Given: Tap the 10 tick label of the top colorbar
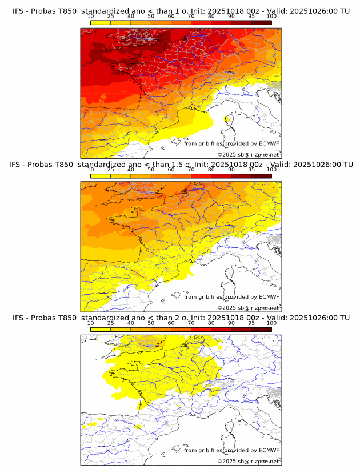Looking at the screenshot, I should point(91,17).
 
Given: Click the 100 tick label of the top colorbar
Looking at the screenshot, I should point(271,17).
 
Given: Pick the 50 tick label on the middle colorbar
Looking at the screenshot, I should point(151,170).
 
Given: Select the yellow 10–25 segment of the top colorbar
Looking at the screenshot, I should point(101,22).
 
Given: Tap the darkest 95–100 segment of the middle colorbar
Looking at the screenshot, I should point(262,176).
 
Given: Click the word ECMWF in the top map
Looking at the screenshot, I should point(269,143).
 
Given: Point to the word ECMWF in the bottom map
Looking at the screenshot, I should point(269,450).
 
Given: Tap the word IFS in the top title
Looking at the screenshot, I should point(18,11).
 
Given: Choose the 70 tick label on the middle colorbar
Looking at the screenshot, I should point(191,170).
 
